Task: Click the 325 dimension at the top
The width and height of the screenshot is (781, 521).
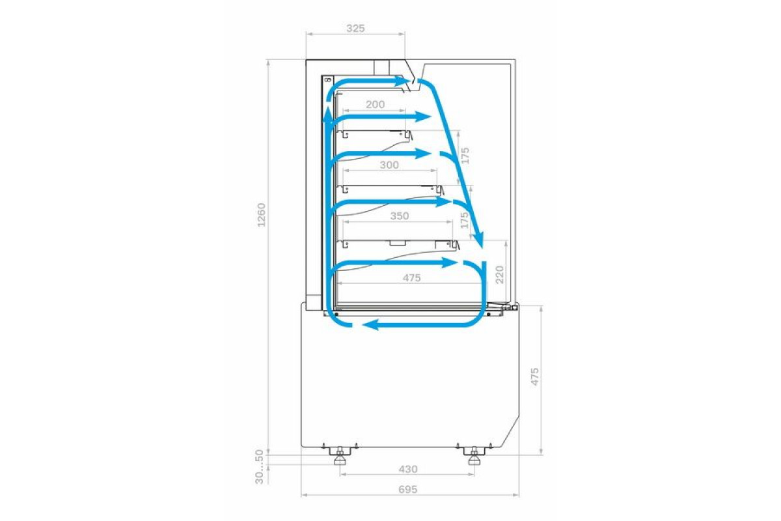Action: point(355,28)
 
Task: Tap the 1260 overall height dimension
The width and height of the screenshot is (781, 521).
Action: point(261,215)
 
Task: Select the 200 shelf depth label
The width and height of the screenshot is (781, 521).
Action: point(375,104)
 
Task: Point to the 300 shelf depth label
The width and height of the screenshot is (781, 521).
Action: point(389,165)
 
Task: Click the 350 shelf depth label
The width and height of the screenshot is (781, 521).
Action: point(399,216)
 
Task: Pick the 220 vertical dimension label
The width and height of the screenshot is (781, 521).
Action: point(500,274)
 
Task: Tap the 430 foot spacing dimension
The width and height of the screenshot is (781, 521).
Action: point(407,470)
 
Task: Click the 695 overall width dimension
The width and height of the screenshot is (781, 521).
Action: point(407,490)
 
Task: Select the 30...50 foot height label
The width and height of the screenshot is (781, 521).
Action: point(260,467)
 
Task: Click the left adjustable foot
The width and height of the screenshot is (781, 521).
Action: point(339,456)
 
